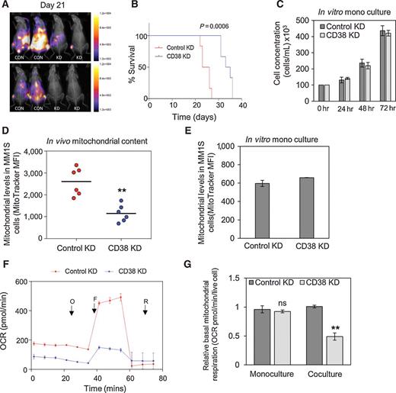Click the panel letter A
pyautogui.click(x=6, y=6)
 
